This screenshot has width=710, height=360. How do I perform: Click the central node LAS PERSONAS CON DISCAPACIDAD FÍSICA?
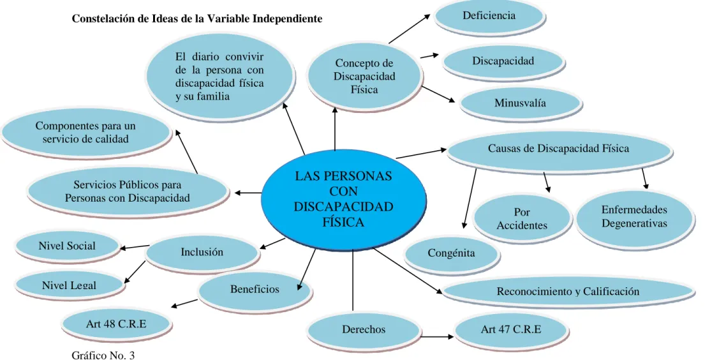(x=343, y=200)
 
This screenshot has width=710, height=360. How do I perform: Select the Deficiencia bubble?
(x=489, y=17)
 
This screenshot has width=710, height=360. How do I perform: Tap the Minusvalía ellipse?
(x=520, y=103)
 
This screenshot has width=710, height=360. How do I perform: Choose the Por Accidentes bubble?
(x=522, y=219)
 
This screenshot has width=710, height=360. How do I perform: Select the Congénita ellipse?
(x=451, y=253)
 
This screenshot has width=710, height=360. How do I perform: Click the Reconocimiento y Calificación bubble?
(x=568, y=291)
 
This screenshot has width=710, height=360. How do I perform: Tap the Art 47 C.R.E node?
(x=511, y=329)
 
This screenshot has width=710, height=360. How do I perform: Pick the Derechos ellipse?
(x=364, y=329)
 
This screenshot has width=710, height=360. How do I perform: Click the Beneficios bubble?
(x=255, y=290)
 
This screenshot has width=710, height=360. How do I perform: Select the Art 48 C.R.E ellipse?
(x=116, y=324)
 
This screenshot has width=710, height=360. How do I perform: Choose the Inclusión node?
(x=202, y=252)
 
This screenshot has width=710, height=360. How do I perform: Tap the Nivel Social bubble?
(x=67, y=246)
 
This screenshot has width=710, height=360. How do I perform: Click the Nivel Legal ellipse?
(x=69, y=285)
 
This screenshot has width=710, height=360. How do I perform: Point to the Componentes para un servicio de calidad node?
(x=85, y=133)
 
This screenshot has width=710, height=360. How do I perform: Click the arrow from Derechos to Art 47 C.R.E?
(x=437, y=337)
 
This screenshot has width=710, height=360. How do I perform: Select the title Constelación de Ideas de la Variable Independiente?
(x=197, y=19)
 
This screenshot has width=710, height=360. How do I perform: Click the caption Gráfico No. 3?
(x=103, y=355)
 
